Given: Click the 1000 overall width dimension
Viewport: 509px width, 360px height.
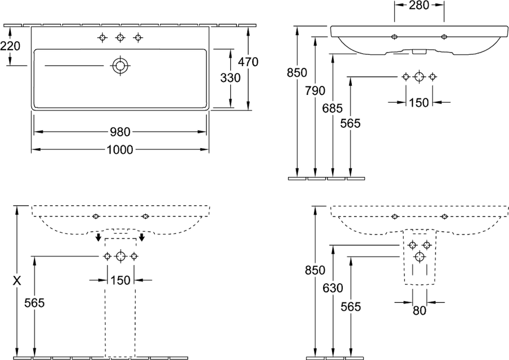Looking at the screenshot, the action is click(x=120, y=150).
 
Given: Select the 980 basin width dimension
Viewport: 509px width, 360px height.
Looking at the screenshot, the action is click(x=120, y=132).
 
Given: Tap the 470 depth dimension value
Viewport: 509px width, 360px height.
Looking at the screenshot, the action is click(x=248, y=62).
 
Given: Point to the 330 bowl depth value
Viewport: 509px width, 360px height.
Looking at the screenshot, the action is click(x=231, y=78).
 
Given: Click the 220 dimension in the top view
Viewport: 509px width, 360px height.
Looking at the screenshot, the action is click(x=10, y=46).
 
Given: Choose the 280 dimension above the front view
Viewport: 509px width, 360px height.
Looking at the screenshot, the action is click(x=419, y=5).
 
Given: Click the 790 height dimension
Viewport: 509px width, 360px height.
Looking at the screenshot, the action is click(x=315, y=90).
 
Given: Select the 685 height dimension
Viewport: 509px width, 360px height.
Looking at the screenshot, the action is click(x=333, y=108).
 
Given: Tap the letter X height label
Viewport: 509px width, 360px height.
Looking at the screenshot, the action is click(x=17, y=280).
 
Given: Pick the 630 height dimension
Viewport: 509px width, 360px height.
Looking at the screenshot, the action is click(x=333, y=288).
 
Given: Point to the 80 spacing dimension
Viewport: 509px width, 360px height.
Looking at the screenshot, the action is click(x=420, y=310).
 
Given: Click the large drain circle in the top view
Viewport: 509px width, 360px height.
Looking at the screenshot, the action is click(x=120, y=66).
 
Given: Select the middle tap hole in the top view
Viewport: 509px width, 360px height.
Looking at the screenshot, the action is click(x=120, y=38).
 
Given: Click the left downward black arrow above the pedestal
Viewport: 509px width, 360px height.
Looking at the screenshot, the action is click(x=98, y=237).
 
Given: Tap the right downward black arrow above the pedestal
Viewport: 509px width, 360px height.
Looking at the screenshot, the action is click(x=141, y=237).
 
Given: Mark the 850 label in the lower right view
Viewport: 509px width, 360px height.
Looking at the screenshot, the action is click(x=315, y=270).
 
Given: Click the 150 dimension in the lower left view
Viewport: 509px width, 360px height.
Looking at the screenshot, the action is click(x=120, y=280).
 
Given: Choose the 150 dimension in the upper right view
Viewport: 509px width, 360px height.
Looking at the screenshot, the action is click(x=419, y=102).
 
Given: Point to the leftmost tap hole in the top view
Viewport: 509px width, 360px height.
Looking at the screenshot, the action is click(x=102, y=38).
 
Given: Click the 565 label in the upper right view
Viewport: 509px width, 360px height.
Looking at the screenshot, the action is click(x=351, y=123).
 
